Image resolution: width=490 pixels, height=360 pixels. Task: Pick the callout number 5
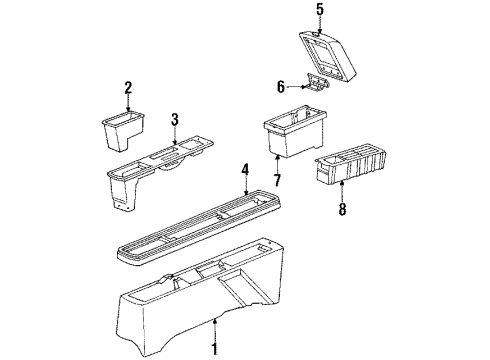[x=320, y=10]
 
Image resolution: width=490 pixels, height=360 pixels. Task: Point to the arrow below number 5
[x=320, y=24]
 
